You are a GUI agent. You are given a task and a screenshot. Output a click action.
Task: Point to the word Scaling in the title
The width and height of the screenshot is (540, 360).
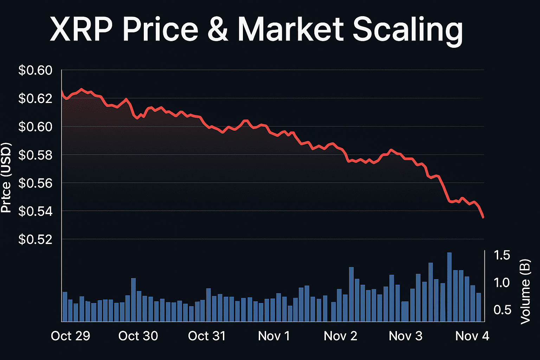pos(407,30)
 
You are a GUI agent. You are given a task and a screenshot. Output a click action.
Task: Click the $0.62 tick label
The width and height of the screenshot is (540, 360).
pos(35,98)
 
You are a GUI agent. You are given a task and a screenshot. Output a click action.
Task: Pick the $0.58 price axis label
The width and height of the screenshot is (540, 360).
pos(35,155)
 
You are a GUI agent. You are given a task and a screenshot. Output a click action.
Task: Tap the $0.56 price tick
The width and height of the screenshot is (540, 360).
pos(35,183)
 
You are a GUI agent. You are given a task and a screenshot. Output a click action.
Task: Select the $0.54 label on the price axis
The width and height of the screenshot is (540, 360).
pos(35,211)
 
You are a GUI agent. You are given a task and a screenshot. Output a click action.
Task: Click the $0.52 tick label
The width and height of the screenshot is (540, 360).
pos(35,239)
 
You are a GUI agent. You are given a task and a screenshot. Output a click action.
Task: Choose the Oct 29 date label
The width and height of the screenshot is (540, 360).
pos(70,336)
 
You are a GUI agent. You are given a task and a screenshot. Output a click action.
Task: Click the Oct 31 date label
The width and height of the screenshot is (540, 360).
pos(207,336)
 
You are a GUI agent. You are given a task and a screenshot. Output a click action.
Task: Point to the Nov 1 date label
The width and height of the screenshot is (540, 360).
pos(274,336)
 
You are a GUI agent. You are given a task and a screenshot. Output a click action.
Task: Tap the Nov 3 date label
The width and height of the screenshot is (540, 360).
pos(405,336)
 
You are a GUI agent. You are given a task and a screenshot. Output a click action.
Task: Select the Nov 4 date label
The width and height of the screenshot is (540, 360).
pos(472,336)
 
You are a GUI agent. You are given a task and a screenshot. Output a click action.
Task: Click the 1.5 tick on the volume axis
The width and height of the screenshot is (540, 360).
pos(502,255)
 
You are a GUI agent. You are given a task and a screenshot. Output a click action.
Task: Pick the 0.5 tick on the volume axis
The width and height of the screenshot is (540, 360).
pos(502,310)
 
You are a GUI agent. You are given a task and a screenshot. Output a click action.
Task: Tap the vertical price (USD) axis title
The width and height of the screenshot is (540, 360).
pos(6,178)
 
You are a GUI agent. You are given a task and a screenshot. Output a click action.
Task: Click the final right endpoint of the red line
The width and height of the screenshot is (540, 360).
pos(483,218)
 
